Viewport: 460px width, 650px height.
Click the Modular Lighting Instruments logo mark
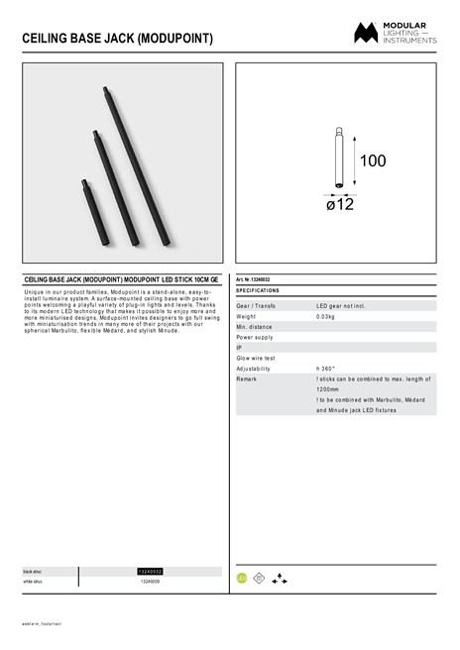[x=368, y=33]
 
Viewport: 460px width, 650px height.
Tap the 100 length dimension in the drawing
[x=372, y=161]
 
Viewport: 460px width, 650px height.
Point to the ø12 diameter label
[x=340, y=204]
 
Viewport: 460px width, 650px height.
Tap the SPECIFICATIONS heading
[x=257, y=290]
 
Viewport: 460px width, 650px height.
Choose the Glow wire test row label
[x=255, y=358]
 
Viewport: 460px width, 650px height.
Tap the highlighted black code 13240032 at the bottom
[x=151, y=572]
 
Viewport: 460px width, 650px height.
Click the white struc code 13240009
[x=151, y=582]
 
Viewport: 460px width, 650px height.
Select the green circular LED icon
[x=241, y=576]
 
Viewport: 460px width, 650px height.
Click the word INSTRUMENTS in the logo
[x=413, y=39]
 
